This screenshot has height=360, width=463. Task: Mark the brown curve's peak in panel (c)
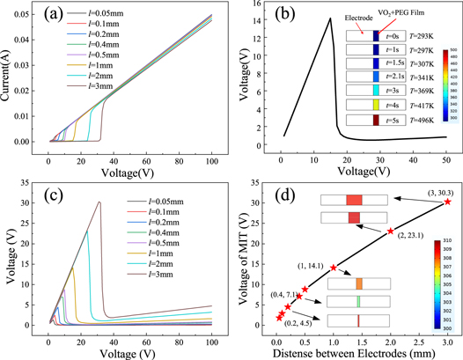[99, 202]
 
